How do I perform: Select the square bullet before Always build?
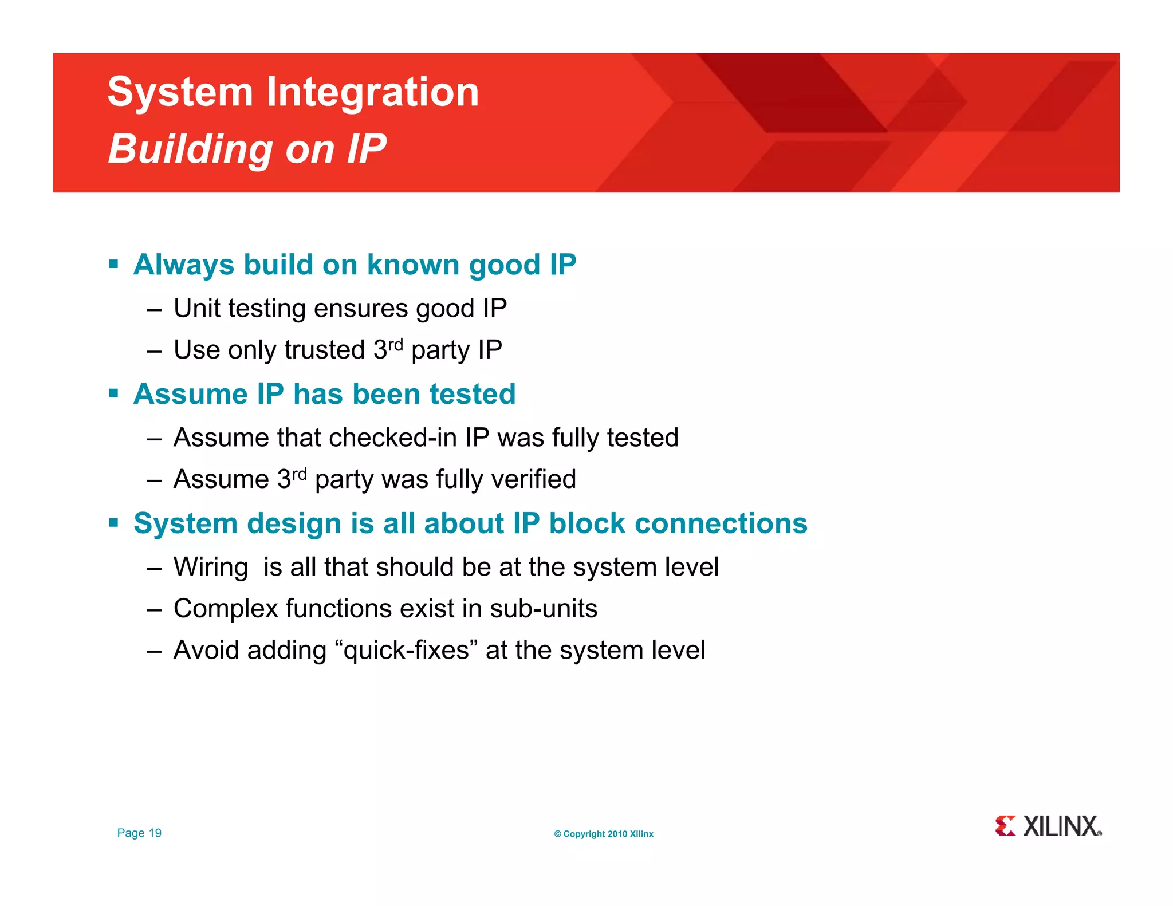[113, 265]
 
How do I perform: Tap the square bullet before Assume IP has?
[113, 394]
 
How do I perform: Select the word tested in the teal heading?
[473, 394]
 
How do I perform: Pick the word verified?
[534, 479]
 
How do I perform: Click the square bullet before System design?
[113, 523]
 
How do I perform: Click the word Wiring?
[211, 568]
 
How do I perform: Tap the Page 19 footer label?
[139, 833]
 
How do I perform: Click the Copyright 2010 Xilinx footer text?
[604, 834]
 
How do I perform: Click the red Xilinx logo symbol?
[1005, 826]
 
